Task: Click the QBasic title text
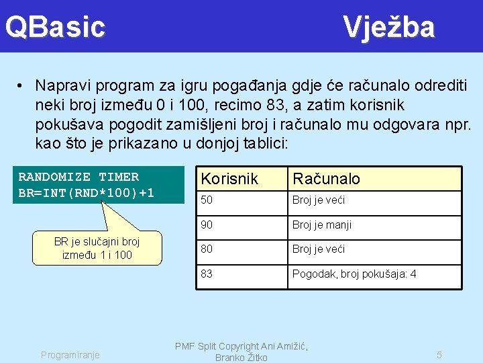pyautogui.click(x=55, y=28)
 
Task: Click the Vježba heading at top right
pyautogui.click(x=389, y=28)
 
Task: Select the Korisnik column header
pyautogui.click(x=229, y=179)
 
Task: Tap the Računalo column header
pyautogui.click(x=326, y=179)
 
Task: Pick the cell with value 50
pyautogui.click(x=207, y=200)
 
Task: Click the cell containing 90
pyautogui.click(x=207, y=225)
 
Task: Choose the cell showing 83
pyautogui.click(x=207, y=274)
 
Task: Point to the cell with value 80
pyautogui.click(x=207, y=249)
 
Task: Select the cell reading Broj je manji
pyautogui.click(x=322, y=225)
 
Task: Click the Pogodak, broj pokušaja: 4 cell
pyautogui.click(x=354, y=274)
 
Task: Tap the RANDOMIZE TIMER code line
pyautogui.click(x=78, y=177)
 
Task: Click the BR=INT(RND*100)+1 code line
pyautogui.click(x=87, y=193)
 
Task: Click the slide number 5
pyautogui.click(x=439, y=354)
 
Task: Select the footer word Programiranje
pyautogui.click(x=70, y=354)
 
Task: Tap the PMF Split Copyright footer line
pyautogui.click(x=241, y=346)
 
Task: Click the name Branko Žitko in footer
pyautogui.click(x=241, y=358)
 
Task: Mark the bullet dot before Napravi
pyautogui.click(x=22, y=87)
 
